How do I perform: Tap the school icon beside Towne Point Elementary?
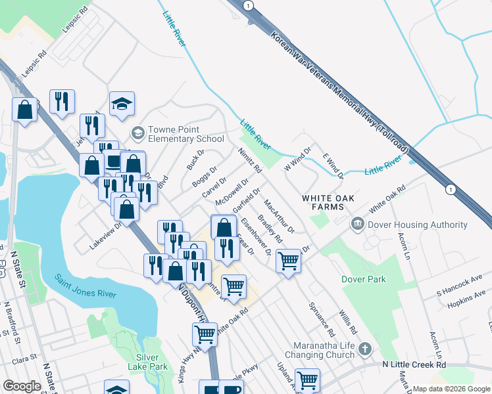coord(137,134)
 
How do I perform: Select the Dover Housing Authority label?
coord(417,225)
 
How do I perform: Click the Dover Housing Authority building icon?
coord(357,225)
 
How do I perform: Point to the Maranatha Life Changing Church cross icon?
coord(366,349)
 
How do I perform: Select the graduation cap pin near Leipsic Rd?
coord(122,104)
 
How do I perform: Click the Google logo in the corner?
coord(22,386)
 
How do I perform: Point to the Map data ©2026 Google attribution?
coord(452,389)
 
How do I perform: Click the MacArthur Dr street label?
coord(278,213)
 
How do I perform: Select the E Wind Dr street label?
coord(333,165)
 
